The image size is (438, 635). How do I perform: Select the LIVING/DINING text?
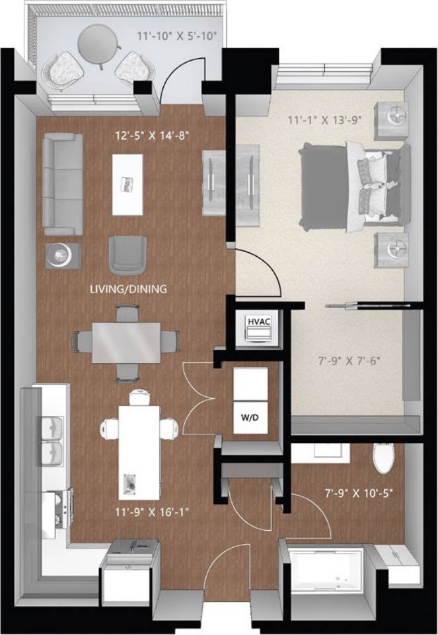[x=129, y=288]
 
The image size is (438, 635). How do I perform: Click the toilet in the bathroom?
[x=383, y=459]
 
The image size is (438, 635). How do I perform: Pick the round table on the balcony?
[x=99, y=44]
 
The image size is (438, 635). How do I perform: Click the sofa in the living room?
[x=63, y=184]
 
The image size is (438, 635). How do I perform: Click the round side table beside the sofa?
[x=63, y=254]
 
